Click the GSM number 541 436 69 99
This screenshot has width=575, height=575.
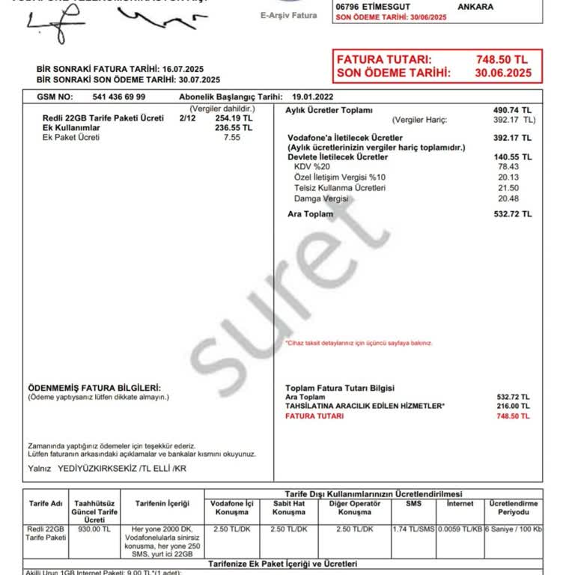pyautogui.click(x=119, y=97)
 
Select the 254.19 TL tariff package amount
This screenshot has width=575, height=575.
pyautogui.click(x=233, y=118)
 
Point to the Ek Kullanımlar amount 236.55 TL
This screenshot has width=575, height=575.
pyautogui.click(x=233, y=128)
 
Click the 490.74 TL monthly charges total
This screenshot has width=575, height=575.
pyautogui.click(x=512, y=110)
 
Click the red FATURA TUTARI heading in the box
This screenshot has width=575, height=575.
pyautogui.click(x=383, y=59)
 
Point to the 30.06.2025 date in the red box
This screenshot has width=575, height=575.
pyautogui.click(x=503, y=73)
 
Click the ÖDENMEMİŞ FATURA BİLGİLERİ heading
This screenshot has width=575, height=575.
pyautogui.click(x=94, y=388)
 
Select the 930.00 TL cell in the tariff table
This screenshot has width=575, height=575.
pyautogui.click(x=94, y=529)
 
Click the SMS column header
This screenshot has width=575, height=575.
pyautogui.click(x=413, y=504)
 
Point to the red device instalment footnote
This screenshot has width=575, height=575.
pyautogui.click(x=359, y=343)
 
